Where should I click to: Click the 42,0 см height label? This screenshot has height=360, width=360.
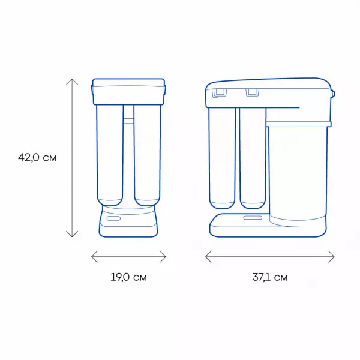pyautogui.click(x=37, y=158)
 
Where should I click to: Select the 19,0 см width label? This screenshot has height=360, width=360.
pyautogui.click(x=128, y=277)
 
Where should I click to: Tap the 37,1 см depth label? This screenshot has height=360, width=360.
pyautogui.click(x=270, y=277)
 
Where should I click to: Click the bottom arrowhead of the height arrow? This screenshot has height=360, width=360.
pyautogui.click(x=72, y=235)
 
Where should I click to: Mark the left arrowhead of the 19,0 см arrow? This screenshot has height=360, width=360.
pyautogui.click(x=92, y=257)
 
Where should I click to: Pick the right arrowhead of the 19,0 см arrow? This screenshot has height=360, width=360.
pyautogui.click(x=164, y=257)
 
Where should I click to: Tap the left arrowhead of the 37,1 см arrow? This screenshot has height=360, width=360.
pyautogui.click(x=207, y=257)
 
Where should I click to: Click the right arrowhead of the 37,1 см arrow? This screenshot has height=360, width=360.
pyautogui.click(x=333, y=257)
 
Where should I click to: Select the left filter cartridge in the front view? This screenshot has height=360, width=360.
pyautogui.click(x=110, y=156)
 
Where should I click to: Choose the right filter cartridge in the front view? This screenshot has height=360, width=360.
pyautogui.click(x=146, y=156)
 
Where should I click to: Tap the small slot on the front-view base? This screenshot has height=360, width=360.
pyautogui.click(x=113, y=220)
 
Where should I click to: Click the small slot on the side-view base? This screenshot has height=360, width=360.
pyautogui.click(x=251, y=216)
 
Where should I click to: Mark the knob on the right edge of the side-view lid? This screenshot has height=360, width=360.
pyautogui.click(x=334, y=94)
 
